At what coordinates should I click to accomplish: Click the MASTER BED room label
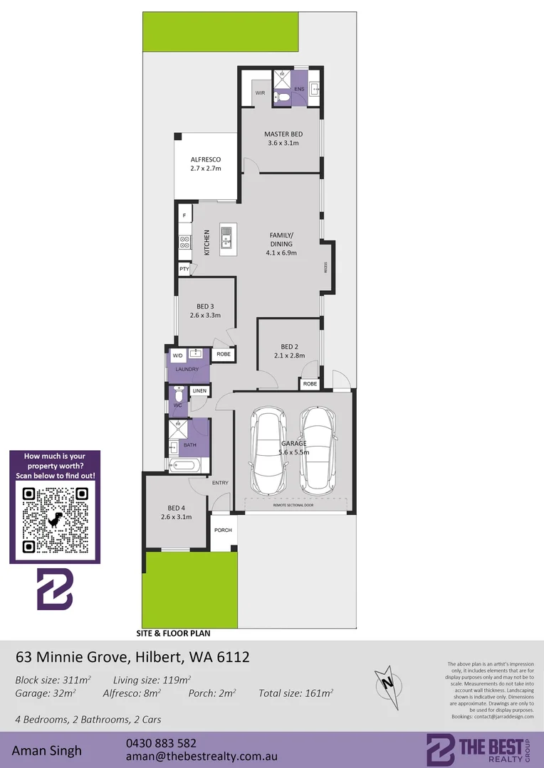(283, 134)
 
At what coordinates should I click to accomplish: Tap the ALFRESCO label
(206, 160)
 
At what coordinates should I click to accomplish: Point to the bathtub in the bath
(186, 466)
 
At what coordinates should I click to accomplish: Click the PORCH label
(223, 530)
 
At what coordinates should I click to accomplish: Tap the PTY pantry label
(184, 270)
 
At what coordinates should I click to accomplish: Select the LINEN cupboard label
(199, 391)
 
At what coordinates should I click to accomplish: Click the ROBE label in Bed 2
(310, 384)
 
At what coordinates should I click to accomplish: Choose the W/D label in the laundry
(177, 355)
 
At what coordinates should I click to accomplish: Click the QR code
(55, 520)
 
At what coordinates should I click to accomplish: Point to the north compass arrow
(387, 681)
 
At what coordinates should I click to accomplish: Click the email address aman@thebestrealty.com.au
(201, 757)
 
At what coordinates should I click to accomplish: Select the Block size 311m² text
(53, 679)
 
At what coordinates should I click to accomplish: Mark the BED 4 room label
(177, 508)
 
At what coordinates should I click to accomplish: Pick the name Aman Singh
(47, 750)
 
